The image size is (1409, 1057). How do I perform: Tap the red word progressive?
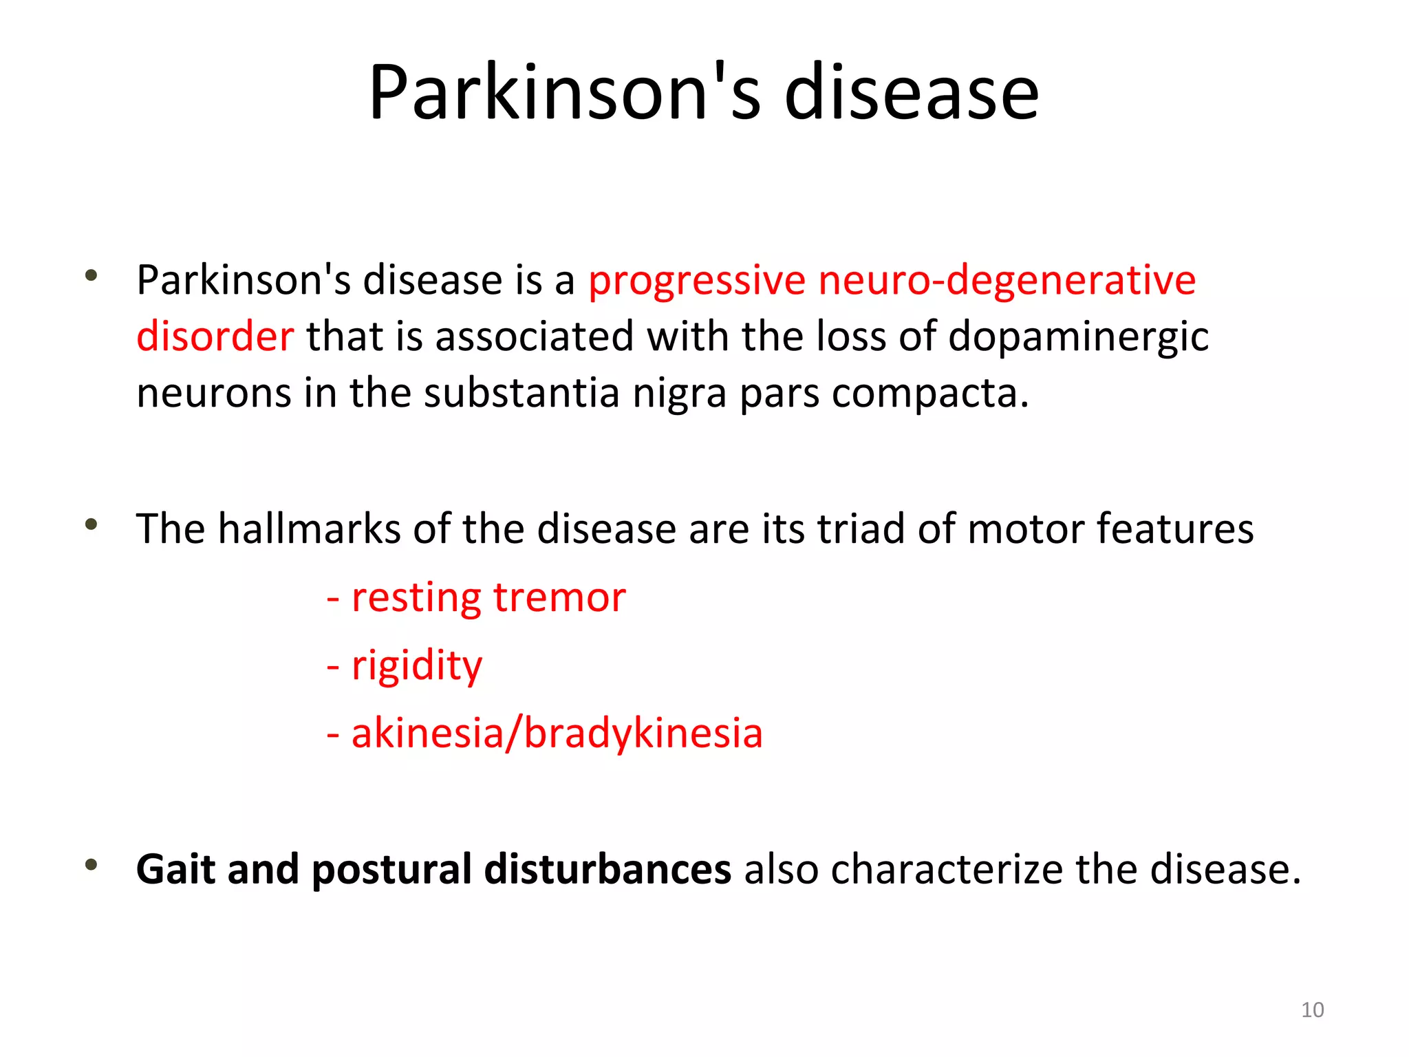pos(696,281)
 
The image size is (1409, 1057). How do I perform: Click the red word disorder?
pos(215,337)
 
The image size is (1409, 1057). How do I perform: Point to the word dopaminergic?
pos(1078,338)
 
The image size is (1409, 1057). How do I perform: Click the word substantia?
pos(521,393)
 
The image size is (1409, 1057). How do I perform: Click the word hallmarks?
pos(308,528)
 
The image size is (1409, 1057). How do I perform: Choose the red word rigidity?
pos(416,665)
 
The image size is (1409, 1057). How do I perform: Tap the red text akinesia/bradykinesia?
pos(557,733)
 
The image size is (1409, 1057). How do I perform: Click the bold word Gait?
pos(175,869)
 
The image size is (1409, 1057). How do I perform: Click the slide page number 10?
pos(1312,1010)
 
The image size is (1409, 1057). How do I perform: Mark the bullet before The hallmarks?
pos(91,525)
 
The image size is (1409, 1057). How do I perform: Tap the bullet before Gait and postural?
pos(91,865)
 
